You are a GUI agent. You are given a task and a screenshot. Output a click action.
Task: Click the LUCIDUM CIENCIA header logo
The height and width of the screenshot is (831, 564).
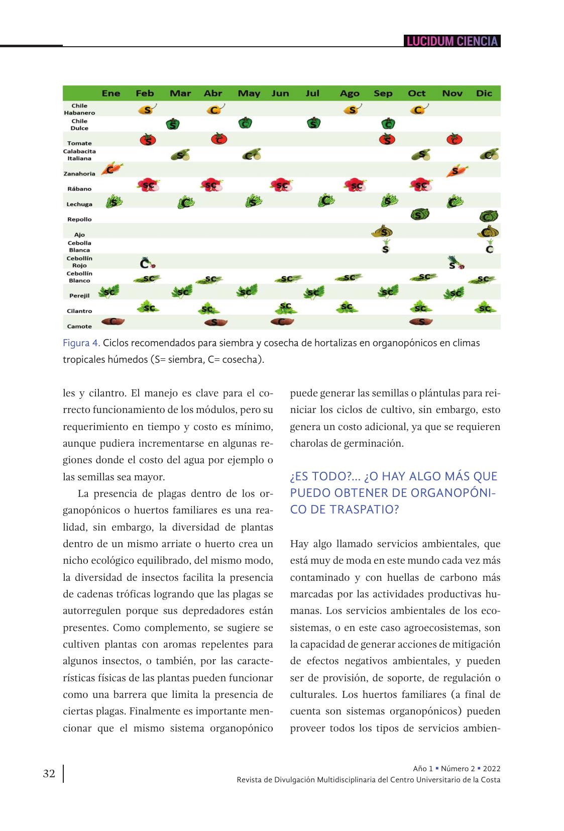(452, 41)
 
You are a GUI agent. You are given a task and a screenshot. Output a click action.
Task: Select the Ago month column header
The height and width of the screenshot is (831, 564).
(350, 93)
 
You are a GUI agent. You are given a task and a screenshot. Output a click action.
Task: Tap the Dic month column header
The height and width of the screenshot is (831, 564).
(484, 93)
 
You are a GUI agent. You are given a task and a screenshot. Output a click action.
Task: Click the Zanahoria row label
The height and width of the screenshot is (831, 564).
(79, 174)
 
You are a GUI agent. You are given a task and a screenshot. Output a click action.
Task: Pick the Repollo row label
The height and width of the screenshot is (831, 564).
(79, 220)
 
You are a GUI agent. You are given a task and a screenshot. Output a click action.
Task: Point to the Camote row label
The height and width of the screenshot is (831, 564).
(79, 327)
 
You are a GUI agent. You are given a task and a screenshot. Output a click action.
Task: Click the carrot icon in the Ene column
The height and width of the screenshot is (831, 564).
(111, 169)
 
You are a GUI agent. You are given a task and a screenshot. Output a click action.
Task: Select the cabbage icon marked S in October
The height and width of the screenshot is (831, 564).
(419, 215)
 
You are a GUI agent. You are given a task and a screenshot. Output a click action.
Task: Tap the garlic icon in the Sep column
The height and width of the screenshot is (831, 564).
(383, 232)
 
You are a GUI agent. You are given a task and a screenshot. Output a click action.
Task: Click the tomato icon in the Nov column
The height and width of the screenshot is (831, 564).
(454, 139)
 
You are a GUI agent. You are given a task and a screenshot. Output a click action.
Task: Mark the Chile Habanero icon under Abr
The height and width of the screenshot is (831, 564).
(215, 109)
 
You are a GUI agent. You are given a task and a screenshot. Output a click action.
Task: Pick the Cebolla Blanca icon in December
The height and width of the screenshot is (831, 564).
(489, 246)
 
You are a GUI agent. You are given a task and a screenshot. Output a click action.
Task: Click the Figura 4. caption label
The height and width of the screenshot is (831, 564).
(81, 343)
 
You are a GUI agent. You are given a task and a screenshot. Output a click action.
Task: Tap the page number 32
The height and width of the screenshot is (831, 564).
(49, 774)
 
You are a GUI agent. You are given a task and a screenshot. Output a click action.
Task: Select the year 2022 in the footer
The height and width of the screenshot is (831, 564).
(492, 769)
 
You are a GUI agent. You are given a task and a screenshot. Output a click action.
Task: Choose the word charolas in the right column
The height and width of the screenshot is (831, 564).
(308, 444)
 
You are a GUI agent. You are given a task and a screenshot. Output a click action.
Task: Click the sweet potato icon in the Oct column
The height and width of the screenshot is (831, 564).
(421, 322)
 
